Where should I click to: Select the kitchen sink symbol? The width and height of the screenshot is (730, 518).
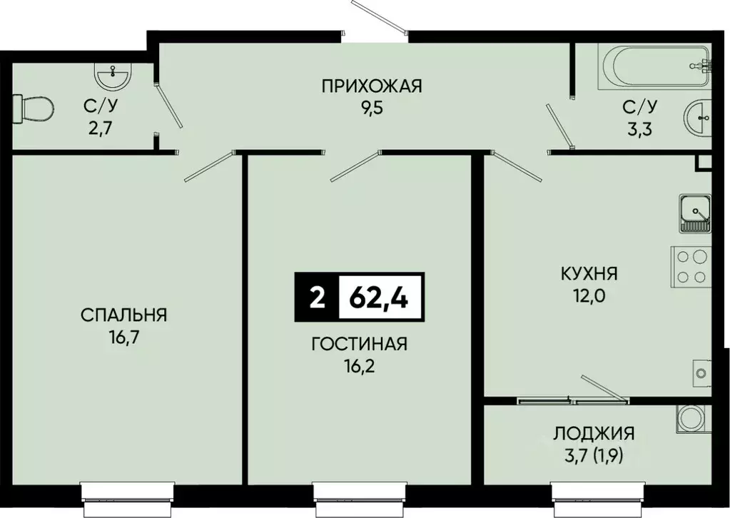[694, 213]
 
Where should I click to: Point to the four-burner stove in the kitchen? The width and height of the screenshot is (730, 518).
[691, 266]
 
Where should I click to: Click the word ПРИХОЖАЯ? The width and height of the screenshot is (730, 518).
[371, 87]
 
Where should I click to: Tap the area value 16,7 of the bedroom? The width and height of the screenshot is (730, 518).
[123, 337]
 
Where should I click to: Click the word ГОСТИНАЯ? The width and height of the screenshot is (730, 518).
[359, 345]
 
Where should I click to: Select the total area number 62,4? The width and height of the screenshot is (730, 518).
[379, 296]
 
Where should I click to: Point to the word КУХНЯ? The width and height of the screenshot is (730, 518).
[589, 274]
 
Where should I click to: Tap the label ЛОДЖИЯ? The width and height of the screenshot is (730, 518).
[594, 433]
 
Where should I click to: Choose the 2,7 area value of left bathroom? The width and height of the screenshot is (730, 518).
[99, 129]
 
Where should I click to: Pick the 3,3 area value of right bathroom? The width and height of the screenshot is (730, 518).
[639, 129]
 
